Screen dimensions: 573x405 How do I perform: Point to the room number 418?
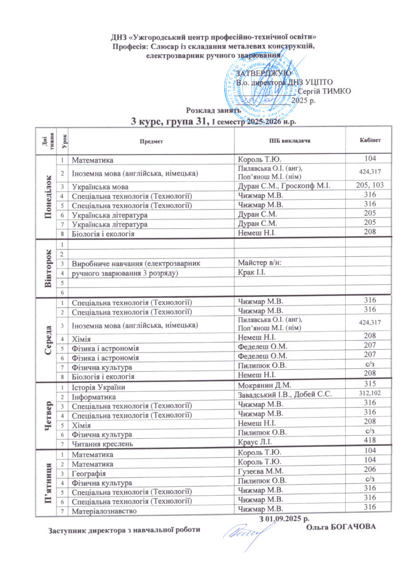[369, 442]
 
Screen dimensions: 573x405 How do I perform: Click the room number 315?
[369, 387]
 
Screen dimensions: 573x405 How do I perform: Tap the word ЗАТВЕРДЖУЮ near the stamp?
[263, 73]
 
